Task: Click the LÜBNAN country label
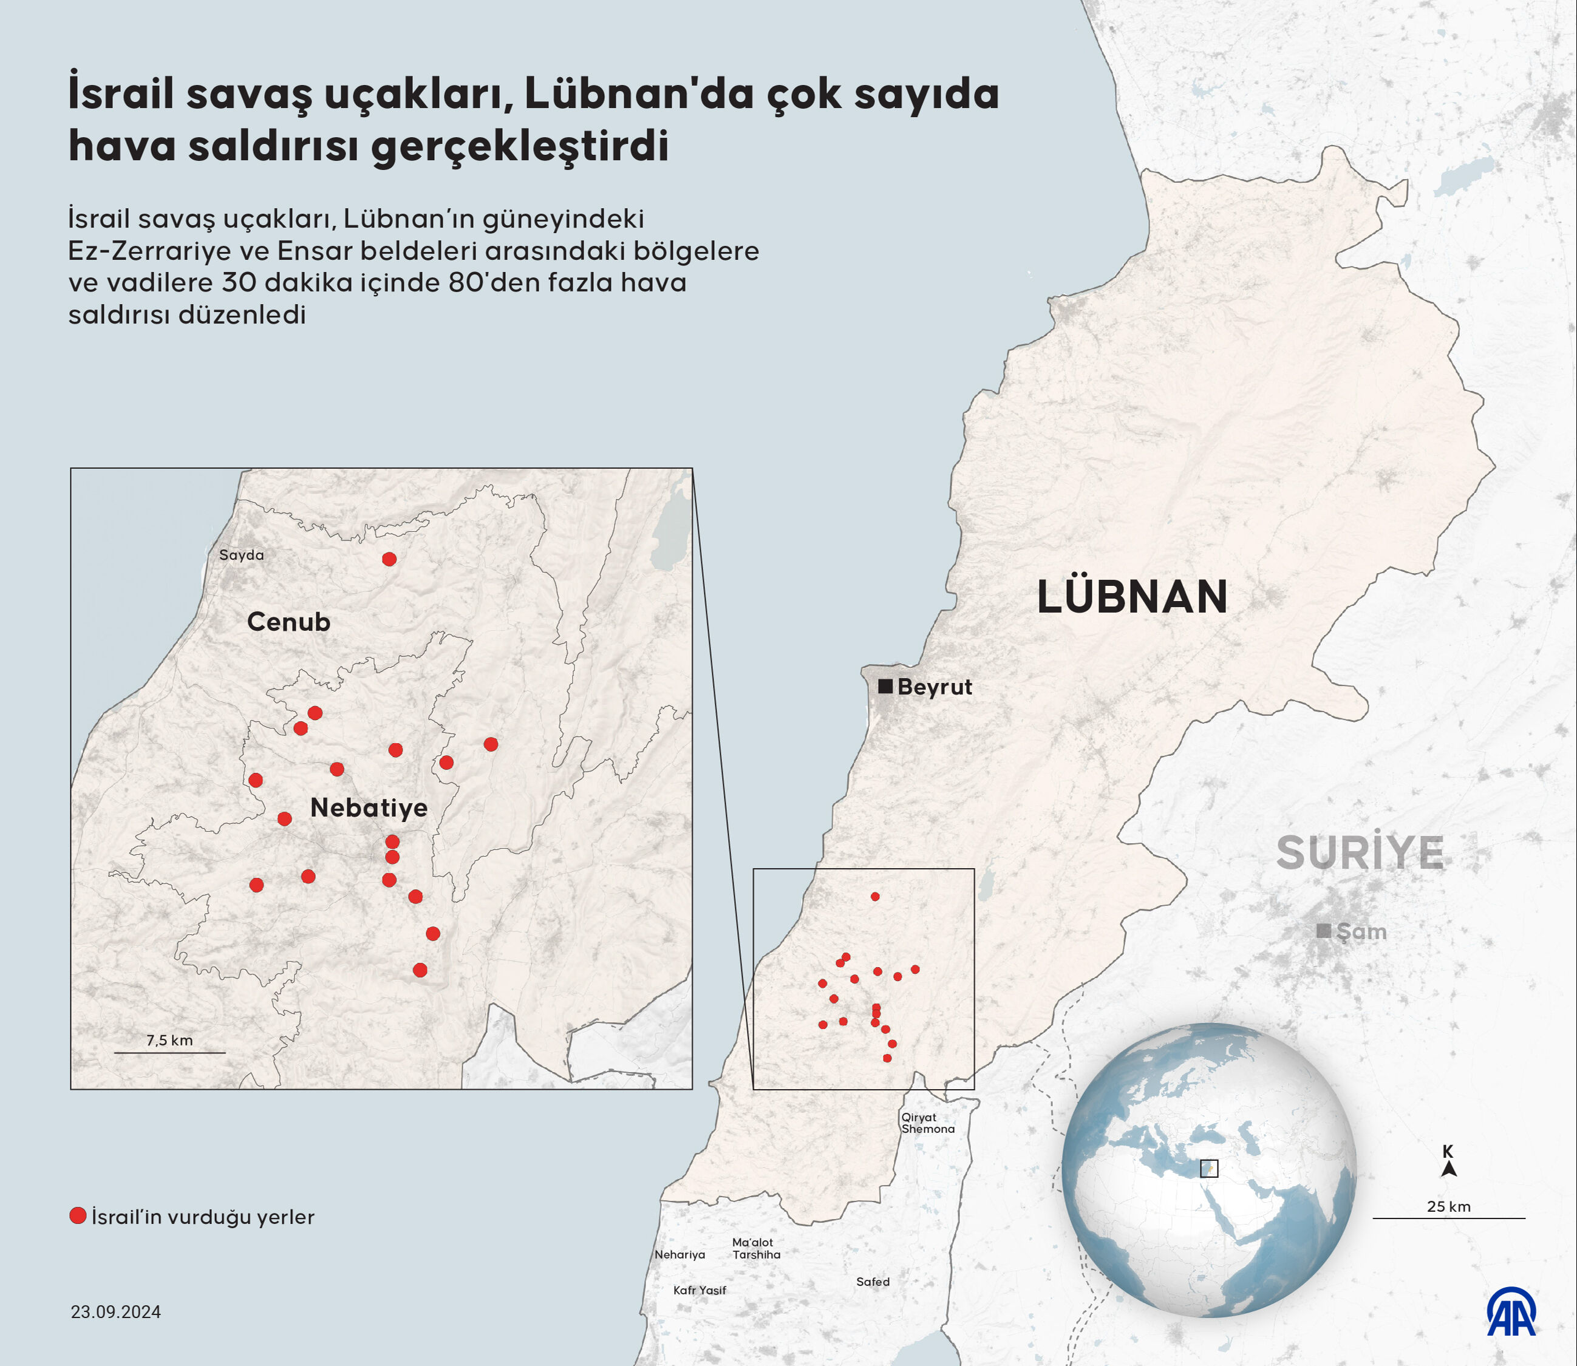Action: (1132, 597)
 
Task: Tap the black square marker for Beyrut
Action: (885, 686)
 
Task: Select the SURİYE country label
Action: (1360, 852)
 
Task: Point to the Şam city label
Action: (1361, 931)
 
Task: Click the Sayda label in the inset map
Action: (242, 555)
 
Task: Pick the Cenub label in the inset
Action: (289, 622)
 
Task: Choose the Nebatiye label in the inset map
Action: (369, 808)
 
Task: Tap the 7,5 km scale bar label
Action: (169, 1041)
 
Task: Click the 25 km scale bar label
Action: (1449, 1207)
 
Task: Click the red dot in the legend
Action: (78, 1216)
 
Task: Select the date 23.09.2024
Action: (116, 1312)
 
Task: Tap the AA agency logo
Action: (1511, 1312)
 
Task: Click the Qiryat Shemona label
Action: (927, 1123)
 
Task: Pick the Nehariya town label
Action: (680, 1254)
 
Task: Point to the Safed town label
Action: (873, 1282)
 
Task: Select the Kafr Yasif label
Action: (700, 1290)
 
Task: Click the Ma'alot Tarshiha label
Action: (756, 1248)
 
